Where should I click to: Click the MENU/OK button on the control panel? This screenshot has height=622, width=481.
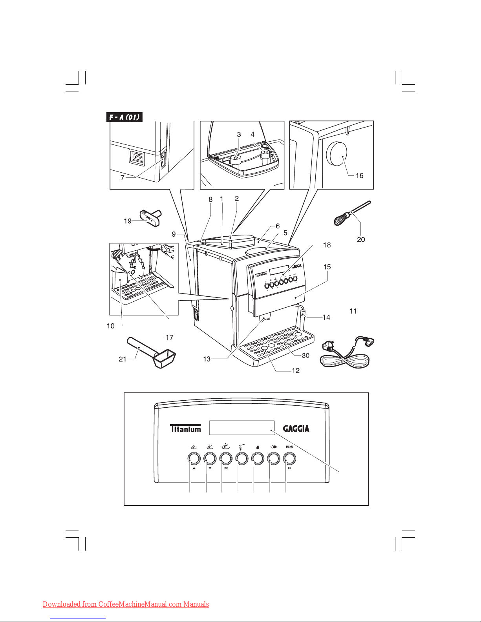pos(289,458)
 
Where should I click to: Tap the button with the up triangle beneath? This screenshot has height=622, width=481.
pos(194,458)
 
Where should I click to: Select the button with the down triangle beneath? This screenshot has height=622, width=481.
pos(210,458)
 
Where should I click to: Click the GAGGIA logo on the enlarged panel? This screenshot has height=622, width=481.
pos(296,429)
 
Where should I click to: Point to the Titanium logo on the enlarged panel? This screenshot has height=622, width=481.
pos(185,429)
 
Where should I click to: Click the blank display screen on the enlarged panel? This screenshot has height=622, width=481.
pos(241,428)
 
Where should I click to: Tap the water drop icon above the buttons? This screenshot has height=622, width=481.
pos(258,447)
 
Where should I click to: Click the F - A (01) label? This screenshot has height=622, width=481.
pos(124,117)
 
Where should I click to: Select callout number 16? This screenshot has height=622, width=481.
pos(359,175)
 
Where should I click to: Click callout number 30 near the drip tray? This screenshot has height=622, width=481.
pos(305,356)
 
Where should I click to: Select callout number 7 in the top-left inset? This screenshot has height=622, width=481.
pos(123,178)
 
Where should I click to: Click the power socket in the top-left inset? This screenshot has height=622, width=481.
pos(137,158)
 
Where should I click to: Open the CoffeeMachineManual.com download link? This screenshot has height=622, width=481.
pos(126,604)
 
